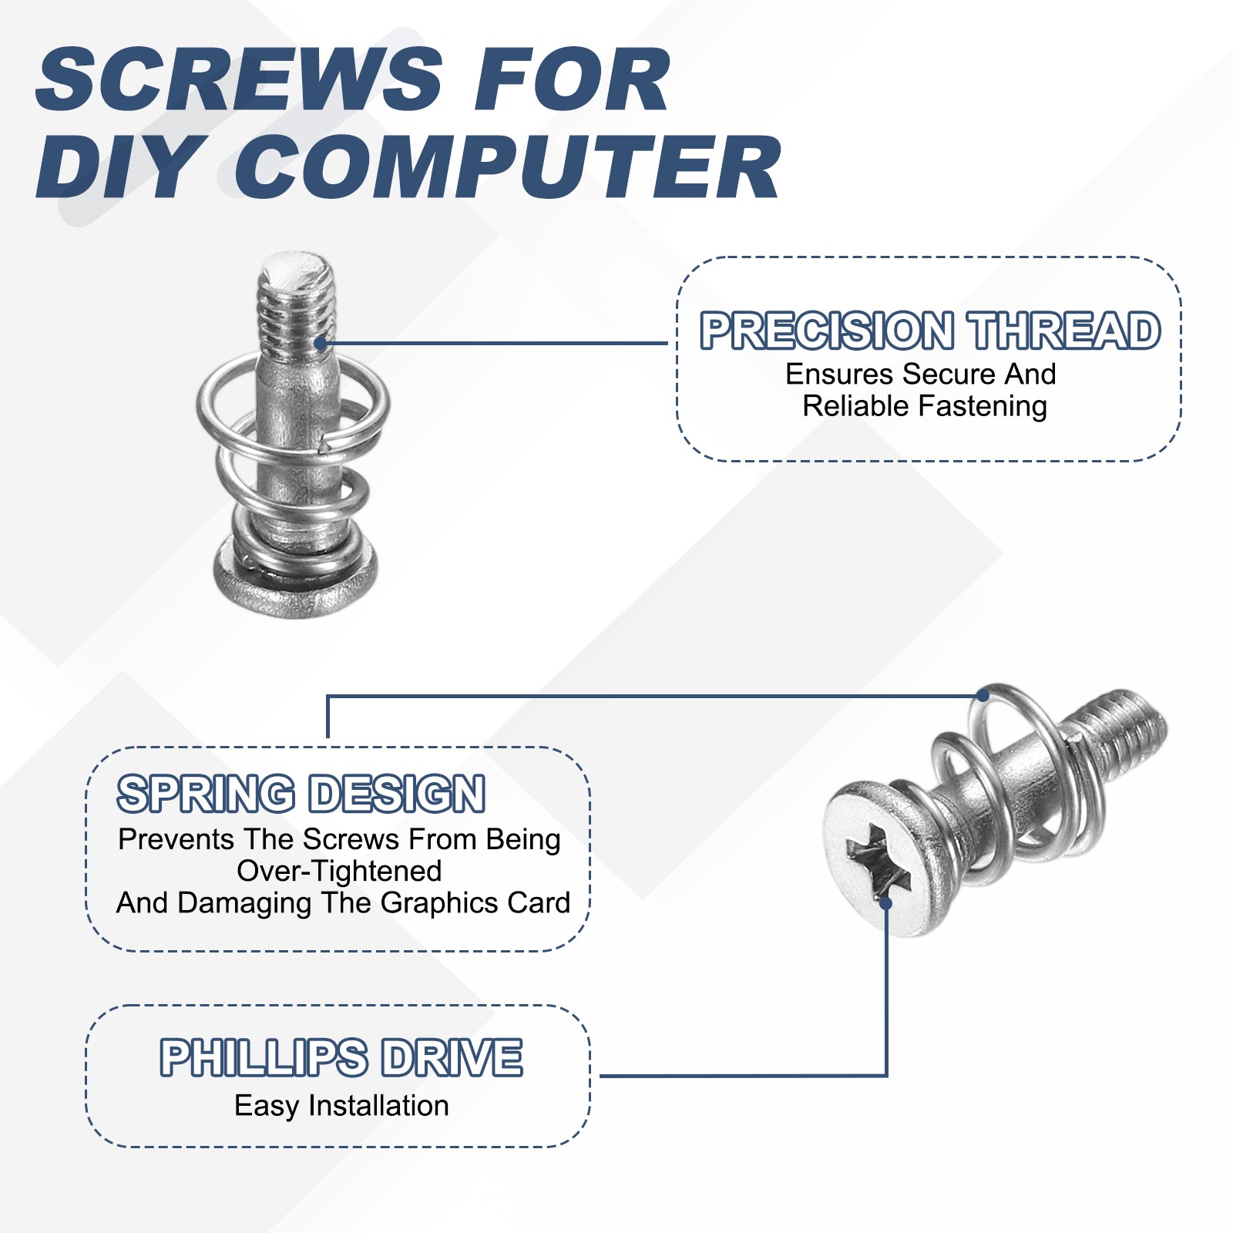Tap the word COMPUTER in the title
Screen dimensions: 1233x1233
click(509, 168)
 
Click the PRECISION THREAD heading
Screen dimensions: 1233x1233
click(929, 331)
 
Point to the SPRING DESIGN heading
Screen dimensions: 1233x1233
click(301, 794)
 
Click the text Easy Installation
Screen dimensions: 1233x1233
click(341, 1105)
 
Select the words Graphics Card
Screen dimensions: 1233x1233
click(475, 902)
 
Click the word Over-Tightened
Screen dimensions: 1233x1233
click(339, 871)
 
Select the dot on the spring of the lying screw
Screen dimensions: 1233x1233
click(983, 695)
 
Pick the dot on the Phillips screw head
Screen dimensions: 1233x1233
click(886, 902)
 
